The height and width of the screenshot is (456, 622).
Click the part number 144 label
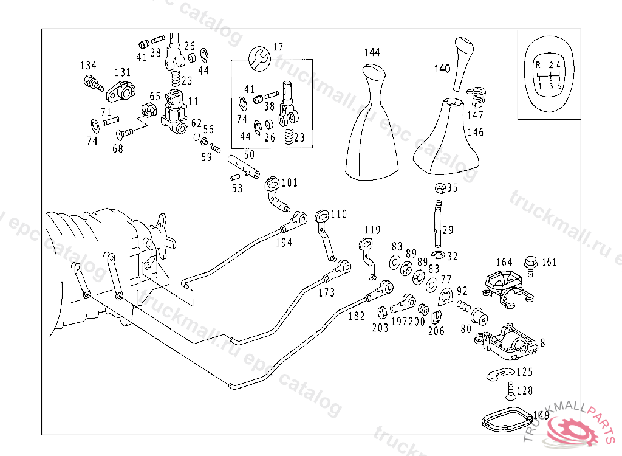point(372,52)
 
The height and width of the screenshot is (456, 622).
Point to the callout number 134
point(88,65)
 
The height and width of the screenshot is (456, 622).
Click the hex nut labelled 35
point(439,188)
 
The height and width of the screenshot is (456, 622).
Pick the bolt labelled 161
point(530,263)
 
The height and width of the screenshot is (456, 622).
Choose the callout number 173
point(326,293)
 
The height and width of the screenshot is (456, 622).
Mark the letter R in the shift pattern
point(538,64)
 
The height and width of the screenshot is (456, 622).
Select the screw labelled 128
point(510,390)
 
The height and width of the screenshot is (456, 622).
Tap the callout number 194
point(283,242)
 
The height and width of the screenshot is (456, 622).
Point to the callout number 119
point(372,230)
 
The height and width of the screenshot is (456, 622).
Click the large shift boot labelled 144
point(371,128)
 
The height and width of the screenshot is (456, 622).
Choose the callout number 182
point(357,316)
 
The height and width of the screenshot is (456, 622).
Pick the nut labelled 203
point(383,313)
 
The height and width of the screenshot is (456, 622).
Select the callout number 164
point(504,263)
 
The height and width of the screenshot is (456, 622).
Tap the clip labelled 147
point(476,94)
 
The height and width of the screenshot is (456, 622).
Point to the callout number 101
point(290,182)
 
